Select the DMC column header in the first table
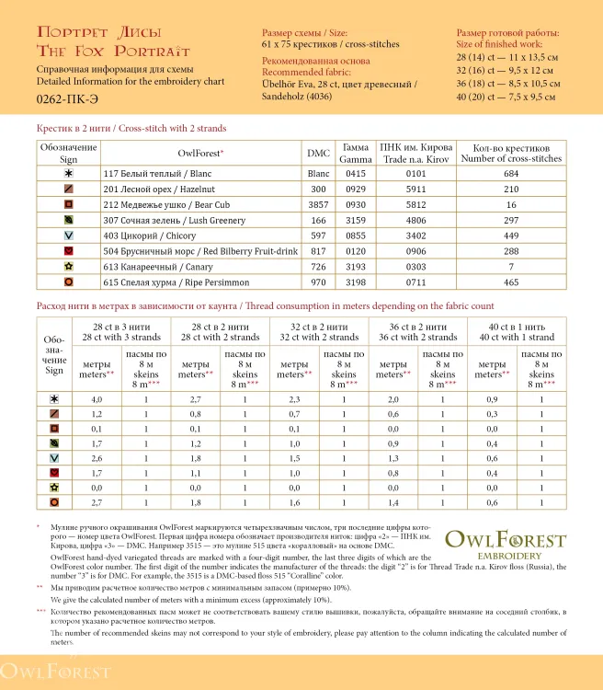tap(318, 154)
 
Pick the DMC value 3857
tap(318, 204)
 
